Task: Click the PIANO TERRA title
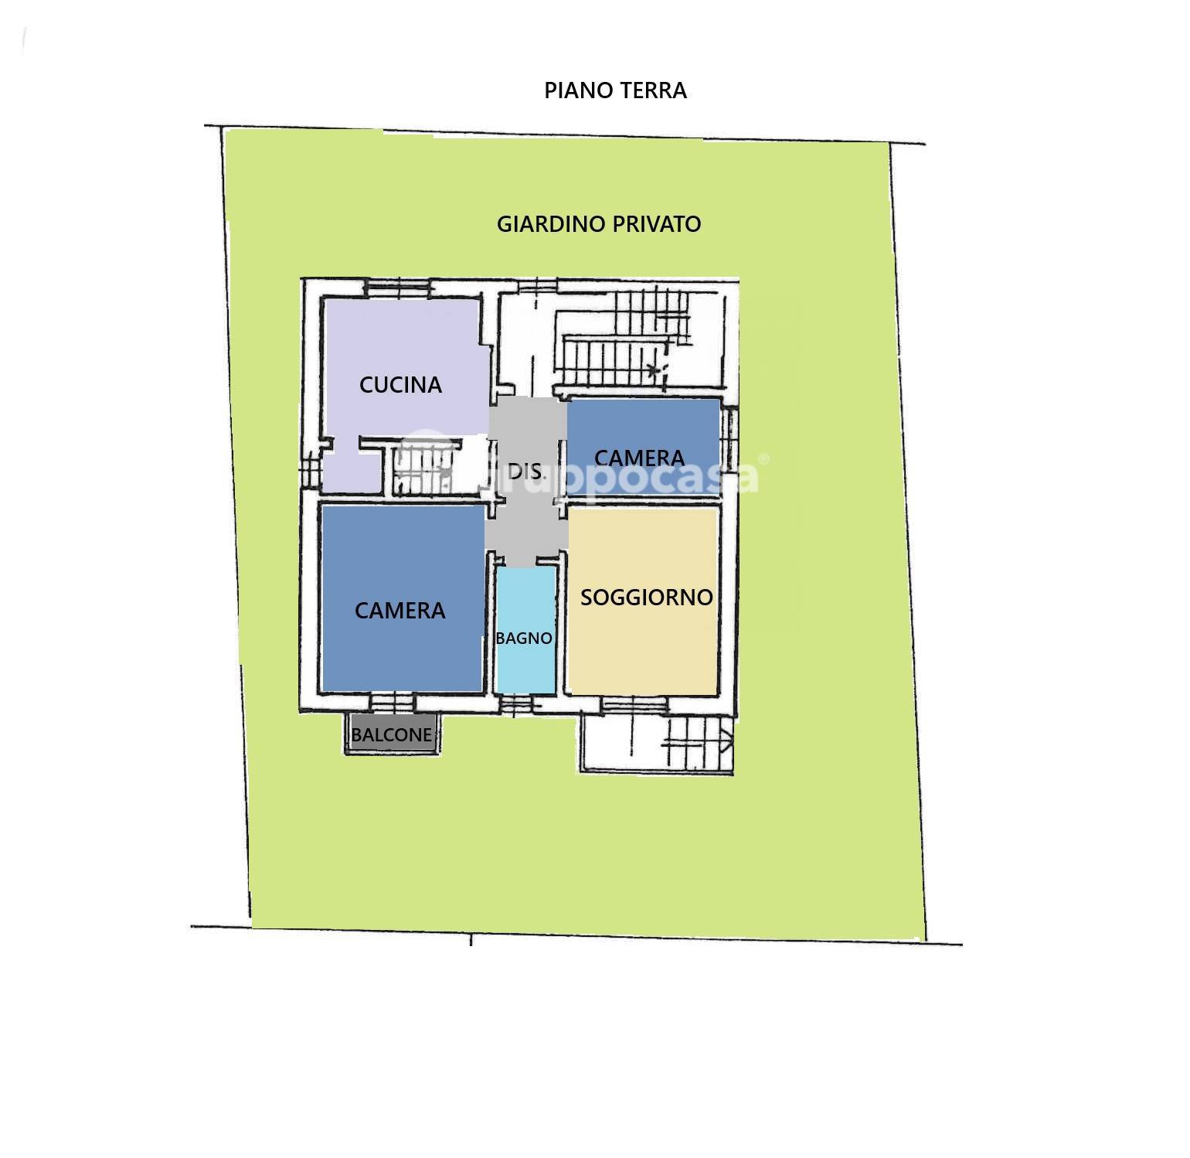tap(615, 90)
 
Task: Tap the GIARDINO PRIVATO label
tap(598, 224)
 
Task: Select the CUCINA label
tap(400, 384)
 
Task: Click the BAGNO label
tap(524, 639)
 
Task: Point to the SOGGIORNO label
tap(646, 597)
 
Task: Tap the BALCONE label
tap(392, 734)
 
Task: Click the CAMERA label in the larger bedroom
tap(399, 611)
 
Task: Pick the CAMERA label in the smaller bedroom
tap(639, 458)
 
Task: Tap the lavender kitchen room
tap(402, 340)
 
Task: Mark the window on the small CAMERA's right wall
tap(727, 438)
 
